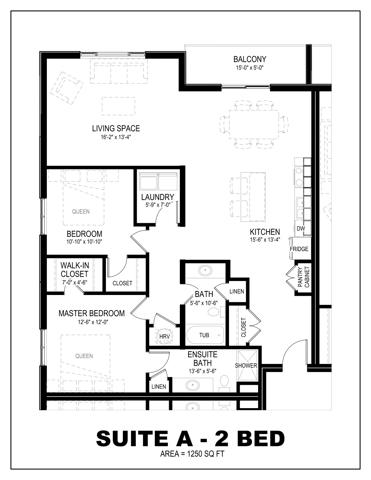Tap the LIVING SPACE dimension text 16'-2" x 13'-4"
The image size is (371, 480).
tap(116, 137)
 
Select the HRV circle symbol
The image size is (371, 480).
tap(164, 336)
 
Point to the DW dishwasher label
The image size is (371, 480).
tap(301, 228)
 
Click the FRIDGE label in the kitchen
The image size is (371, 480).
tap(299, 249)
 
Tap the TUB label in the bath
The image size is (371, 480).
tap(204, 335)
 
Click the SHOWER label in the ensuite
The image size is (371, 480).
tap(246, 366)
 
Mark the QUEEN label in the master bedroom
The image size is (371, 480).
tap(84, 356)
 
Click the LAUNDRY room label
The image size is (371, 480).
tap(157, 197)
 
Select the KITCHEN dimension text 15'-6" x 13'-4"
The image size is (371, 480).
tap(265, 240)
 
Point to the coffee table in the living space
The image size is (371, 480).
tap(118, 106)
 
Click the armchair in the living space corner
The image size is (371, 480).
tap(67, 88)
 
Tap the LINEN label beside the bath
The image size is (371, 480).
tap(237, 291)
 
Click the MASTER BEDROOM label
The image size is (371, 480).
tap(91, 313)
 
